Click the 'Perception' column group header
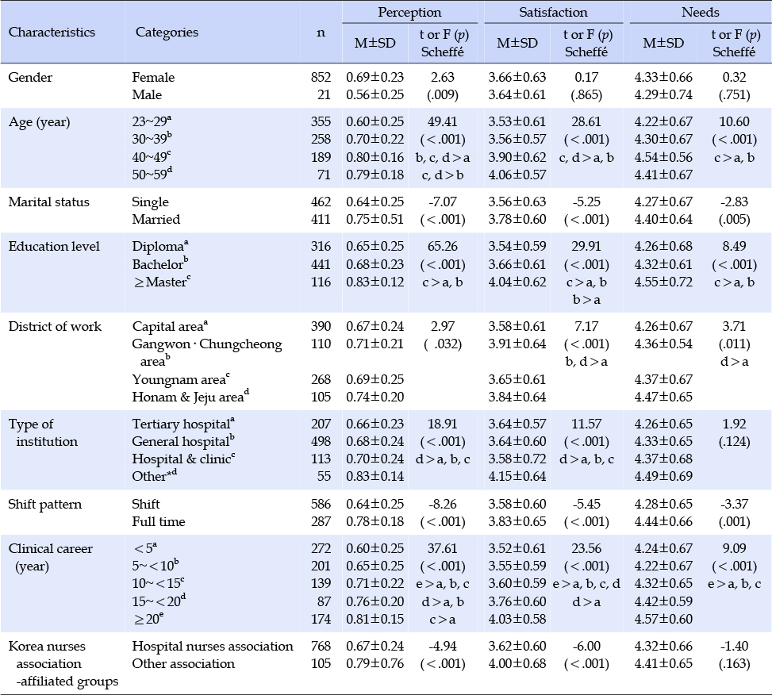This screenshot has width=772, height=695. (409, 13)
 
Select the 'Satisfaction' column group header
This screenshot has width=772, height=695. (553, 13)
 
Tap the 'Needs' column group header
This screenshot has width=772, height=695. (700, 13)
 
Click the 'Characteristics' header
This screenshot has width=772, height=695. (52, 33)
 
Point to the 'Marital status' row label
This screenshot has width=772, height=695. (48, 202)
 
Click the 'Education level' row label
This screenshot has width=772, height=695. (54, 246)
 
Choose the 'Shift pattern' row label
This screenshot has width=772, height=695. (44, 505)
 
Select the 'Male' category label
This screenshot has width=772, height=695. (147, 94)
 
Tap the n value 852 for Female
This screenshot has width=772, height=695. (321, 77)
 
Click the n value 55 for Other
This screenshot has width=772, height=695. (324, 477)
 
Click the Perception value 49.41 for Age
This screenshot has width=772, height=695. (442, 121)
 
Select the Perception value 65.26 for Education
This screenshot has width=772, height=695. (442, 246)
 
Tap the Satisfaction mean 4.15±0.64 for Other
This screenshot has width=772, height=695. (517, 477)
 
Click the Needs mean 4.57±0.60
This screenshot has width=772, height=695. (663, 619)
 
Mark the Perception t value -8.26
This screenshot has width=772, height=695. (442, 504)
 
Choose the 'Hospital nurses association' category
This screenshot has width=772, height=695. (212, 647)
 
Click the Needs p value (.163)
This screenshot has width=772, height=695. (734, 664)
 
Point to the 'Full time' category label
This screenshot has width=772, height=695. (159, 522)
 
